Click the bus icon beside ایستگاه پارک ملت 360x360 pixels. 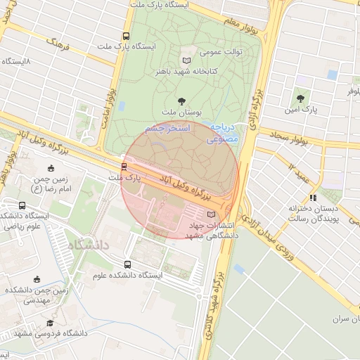(126, 36)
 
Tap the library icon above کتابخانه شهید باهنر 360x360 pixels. (186, 60)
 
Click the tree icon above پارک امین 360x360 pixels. (301, 99)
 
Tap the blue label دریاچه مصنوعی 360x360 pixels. (223, 134)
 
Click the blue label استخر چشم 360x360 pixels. (165, 129)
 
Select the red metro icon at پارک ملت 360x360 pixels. (124, 167)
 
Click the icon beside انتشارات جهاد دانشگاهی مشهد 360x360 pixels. (212, 214)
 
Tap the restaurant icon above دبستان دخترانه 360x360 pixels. (312, 198)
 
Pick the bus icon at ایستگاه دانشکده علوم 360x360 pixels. (127, 264)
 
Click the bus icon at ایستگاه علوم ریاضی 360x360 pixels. (22, 206)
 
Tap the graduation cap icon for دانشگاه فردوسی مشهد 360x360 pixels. (50, 323)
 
